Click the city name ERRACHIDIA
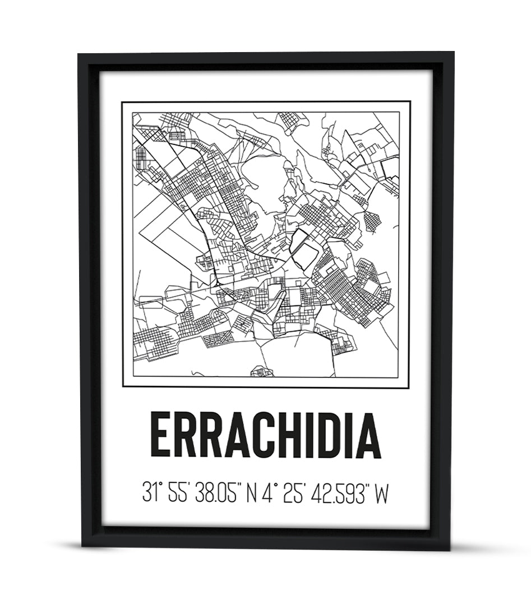265,435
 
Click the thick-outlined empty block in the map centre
305,250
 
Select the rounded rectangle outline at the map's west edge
150,302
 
